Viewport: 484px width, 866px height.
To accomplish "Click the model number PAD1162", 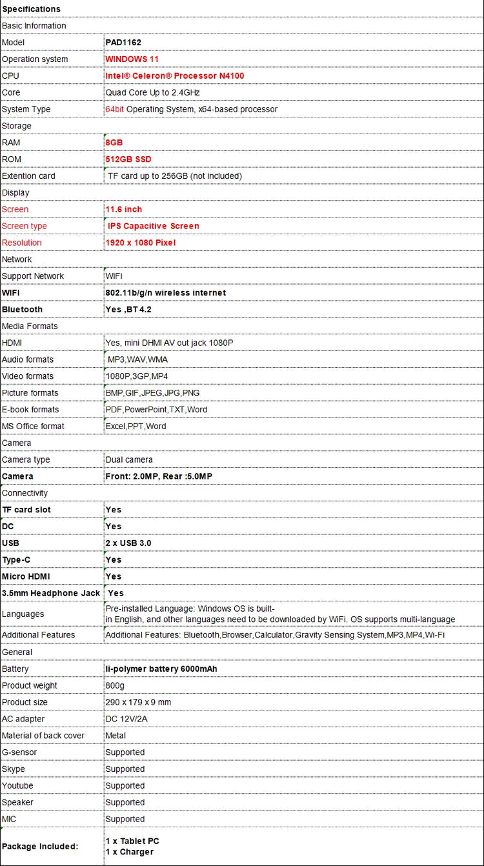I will (123, 43).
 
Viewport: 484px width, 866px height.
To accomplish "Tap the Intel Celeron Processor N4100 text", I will (175, 76).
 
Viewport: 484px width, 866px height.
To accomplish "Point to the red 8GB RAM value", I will (114, 143).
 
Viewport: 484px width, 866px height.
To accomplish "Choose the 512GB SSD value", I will (128, 159).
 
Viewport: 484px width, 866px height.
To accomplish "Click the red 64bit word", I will (114, 110).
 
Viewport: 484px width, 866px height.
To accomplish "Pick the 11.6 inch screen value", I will (124, 210).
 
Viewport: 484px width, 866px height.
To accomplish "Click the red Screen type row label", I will (25, 227).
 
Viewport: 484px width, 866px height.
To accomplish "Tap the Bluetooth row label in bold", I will (22, 310).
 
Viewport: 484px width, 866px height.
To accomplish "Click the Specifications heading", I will (31, 9).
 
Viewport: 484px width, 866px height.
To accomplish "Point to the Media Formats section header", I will (30, 327).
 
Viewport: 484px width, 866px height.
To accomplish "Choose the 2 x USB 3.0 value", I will (128, 543).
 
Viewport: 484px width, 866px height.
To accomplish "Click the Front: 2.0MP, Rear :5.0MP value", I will (159, 476).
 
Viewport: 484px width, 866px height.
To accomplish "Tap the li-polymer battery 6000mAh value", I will (161, 669).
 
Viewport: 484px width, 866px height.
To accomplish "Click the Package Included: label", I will (40, 847).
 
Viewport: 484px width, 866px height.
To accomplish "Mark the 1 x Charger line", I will (130, 852).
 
